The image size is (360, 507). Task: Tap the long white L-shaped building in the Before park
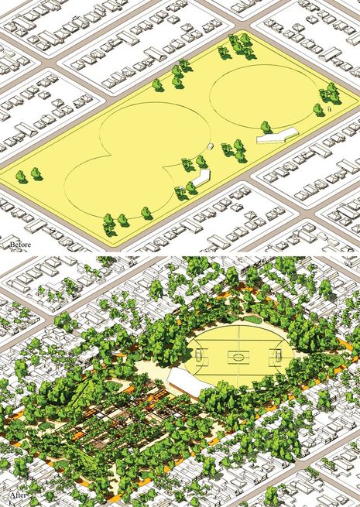277,136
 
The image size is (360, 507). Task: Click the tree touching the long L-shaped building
266,127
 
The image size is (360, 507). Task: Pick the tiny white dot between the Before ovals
210,145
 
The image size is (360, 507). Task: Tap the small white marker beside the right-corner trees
329,109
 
